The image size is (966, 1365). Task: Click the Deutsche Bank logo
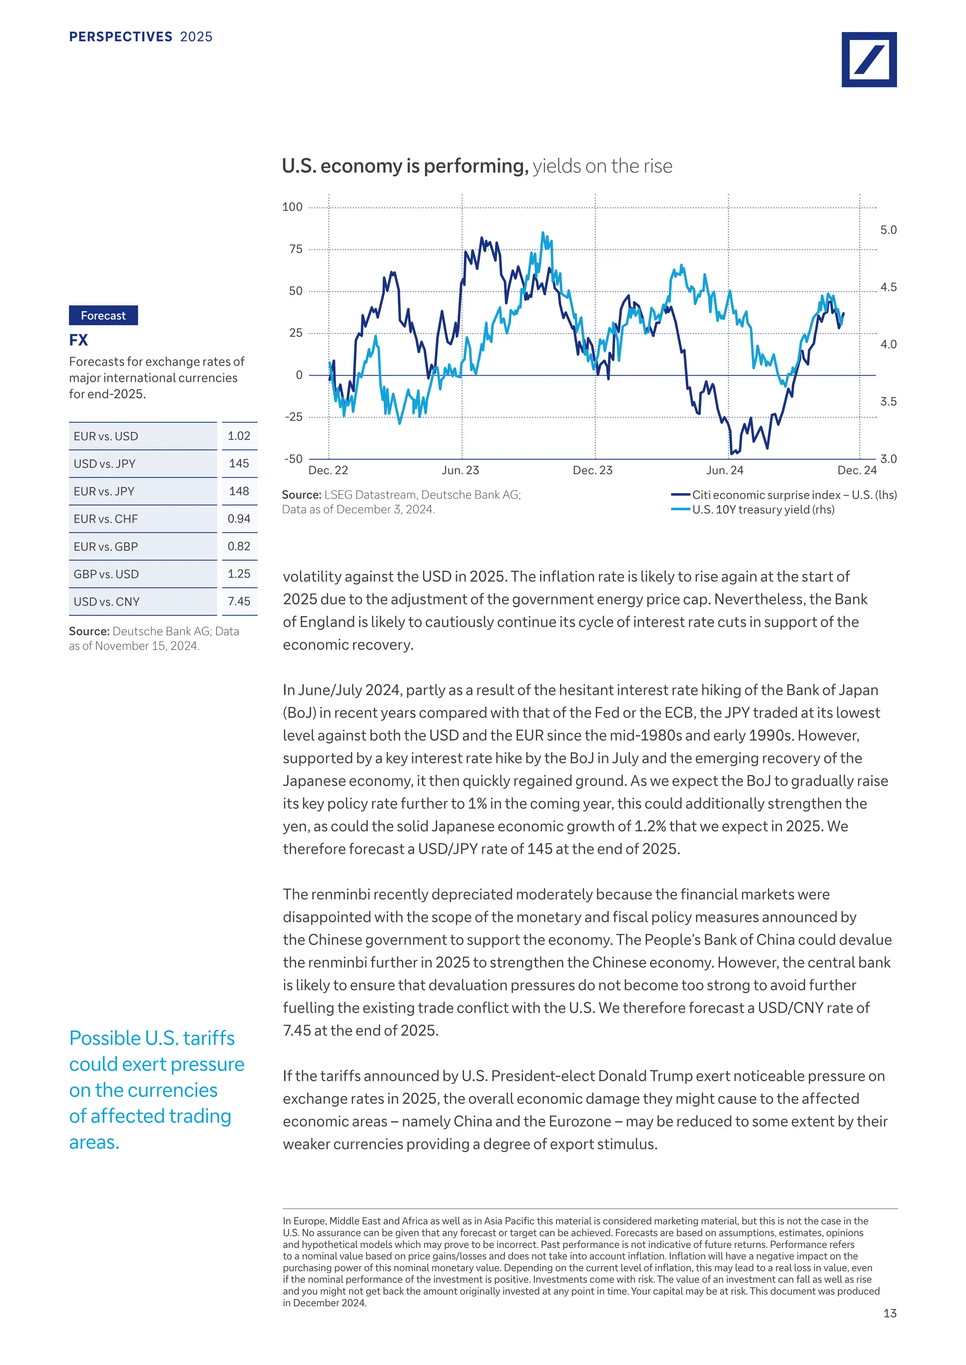[x=868, y=59]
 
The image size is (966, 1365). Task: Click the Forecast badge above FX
[x=103, y=316]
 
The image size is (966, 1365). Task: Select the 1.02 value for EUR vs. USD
[x=239, y=436]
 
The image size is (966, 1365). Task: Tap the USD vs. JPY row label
[x=105, y=464]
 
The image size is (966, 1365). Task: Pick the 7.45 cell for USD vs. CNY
[x=239, y=601]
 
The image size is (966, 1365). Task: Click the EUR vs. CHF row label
[x=106, y=519]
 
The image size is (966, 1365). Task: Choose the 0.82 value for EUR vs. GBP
[x=239, y=546]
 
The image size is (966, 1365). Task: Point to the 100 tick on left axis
[x=292, y=207]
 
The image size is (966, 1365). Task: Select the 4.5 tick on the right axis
[x=888, y=287]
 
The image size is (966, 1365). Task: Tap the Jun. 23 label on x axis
[x=460, y=470]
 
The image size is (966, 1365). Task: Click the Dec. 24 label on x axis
[x=857, y=470]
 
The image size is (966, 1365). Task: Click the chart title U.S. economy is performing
[x=405, y=166]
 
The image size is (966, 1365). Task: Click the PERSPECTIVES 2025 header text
[x=141, y=37]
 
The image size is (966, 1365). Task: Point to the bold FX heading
[x=78, y=340]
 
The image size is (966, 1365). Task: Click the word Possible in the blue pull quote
[x=105, y=1038]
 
